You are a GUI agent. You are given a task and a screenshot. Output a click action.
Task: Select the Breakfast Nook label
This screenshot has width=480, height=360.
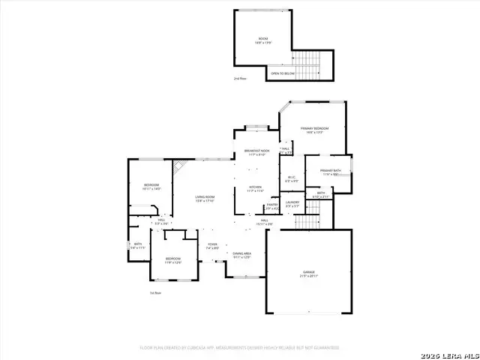(x=256, y=153)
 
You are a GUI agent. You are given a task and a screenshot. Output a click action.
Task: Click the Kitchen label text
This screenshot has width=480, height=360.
(x=255, y=188)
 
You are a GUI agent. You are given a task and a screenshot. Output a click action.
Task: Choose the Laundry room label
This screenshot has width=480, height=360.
(x=292, y=203)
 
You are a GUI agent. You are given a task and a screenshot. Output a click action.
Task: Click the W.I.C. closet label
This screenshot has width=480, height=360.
(x=292, y=179)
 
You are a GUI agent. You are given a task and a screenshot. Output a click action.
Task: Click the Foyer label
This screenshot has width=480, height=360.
(x=213, y=245)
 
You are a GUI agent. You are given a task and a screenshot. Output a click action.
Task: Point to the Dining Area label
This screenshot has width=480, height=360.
(x=241, y=255)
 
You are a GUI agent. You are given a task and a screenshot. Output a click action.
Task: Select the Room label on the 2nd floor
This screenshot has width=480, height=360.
(x=263, y=40)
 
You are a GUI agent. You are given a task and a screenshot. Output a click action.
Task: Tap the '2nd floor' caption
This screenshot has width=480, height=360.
(x=240, y=78)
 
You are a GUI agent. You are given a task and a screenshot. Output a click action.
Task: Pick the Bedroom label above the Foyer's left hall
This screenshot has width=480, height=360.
(x=151, y=187)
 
